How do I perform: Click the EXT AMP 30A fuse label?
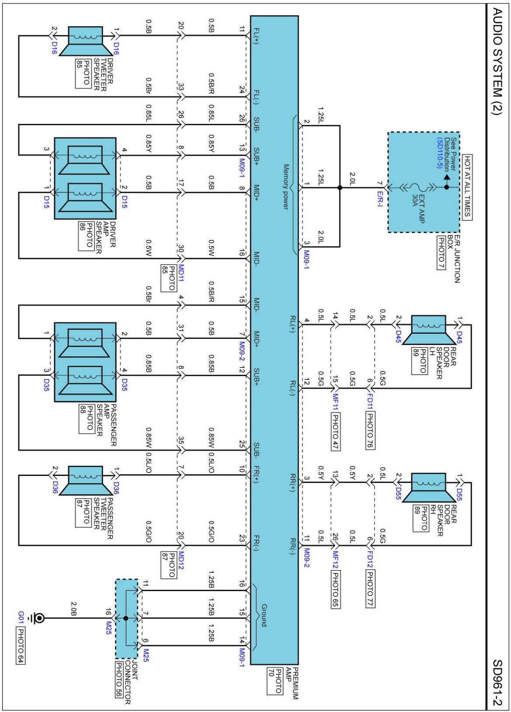click(418, 209)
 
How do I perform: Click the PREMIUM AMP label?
click(292, 683)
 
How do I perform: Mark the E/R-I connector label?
click(380, 199)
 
